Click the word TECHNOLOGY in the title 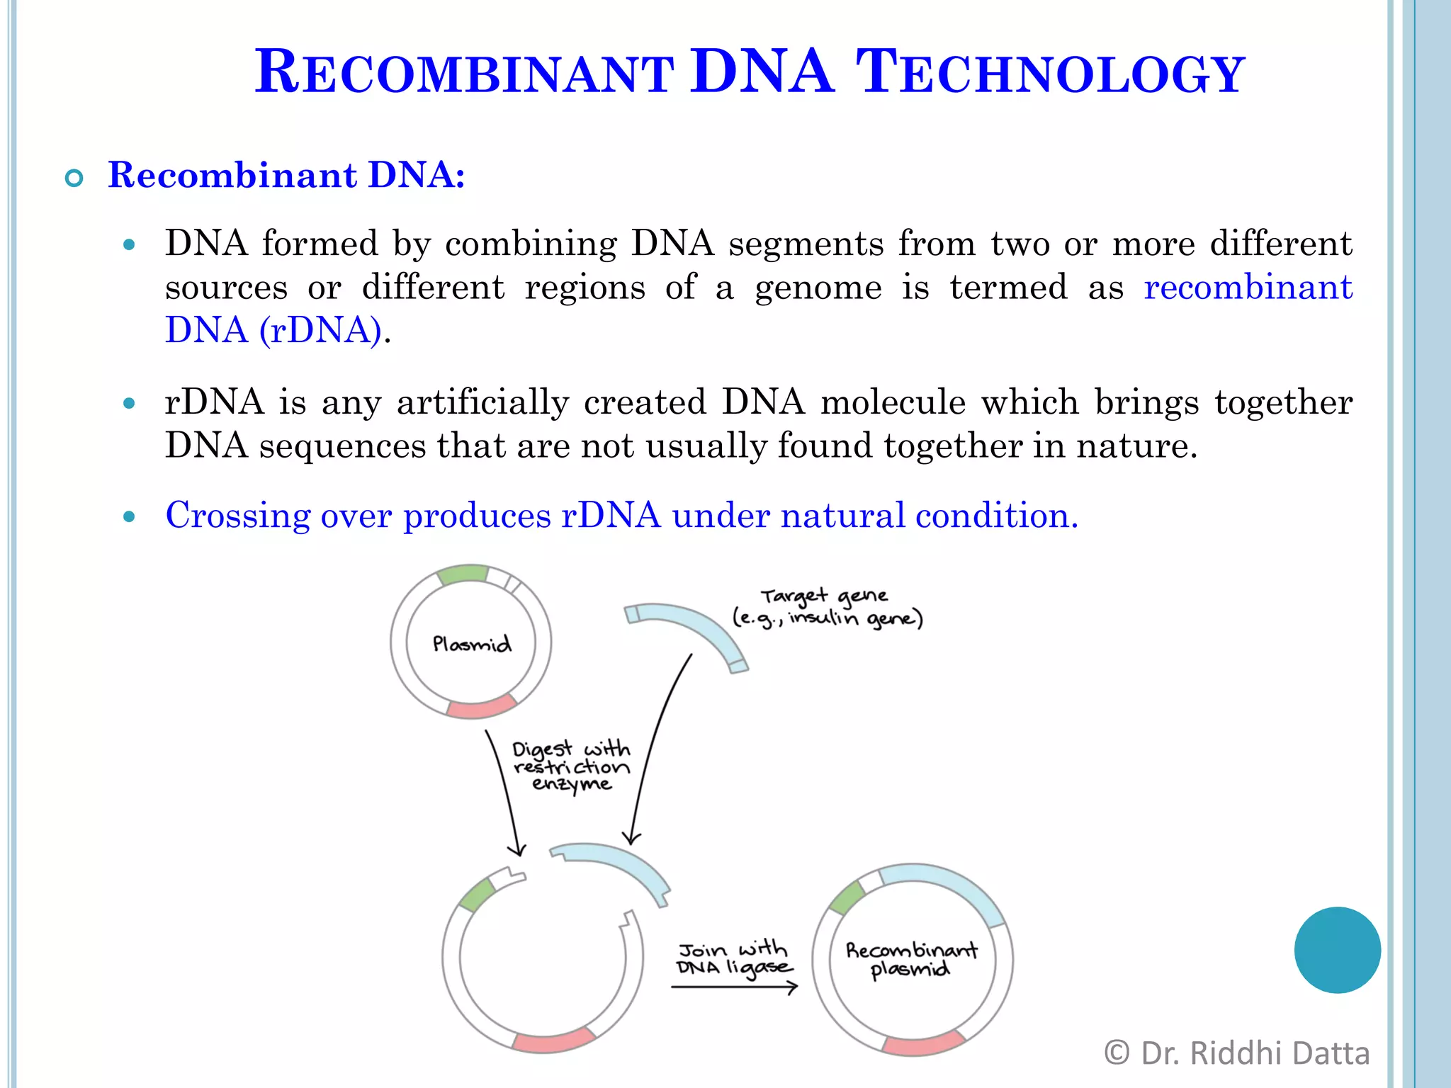coord(1050,72)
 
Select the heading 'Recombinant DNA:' coord(286,175)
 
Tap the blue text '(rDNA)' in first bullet coord(320,330)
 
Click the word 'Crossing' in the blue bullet coord(237,515)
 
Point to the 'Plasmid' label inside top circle coord(472,644)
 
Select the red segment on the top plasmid coord(482,707)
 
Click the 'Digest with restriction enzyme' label coord(571,766)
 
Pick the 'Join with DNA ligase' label coord(734,958)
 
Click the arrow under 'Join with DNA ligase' coord(734,987)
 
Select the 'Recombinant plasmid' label coord(911,959)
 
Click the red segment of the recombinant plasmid coord(923,1044)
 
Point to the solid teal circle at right coord(1337,950)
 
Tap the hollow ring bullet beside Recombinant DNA coord(74,178)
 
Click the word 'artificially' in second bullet coord(482,402)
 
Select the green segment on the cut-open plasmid coord(477,895)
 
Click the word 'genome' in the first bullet coord(818,288)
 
